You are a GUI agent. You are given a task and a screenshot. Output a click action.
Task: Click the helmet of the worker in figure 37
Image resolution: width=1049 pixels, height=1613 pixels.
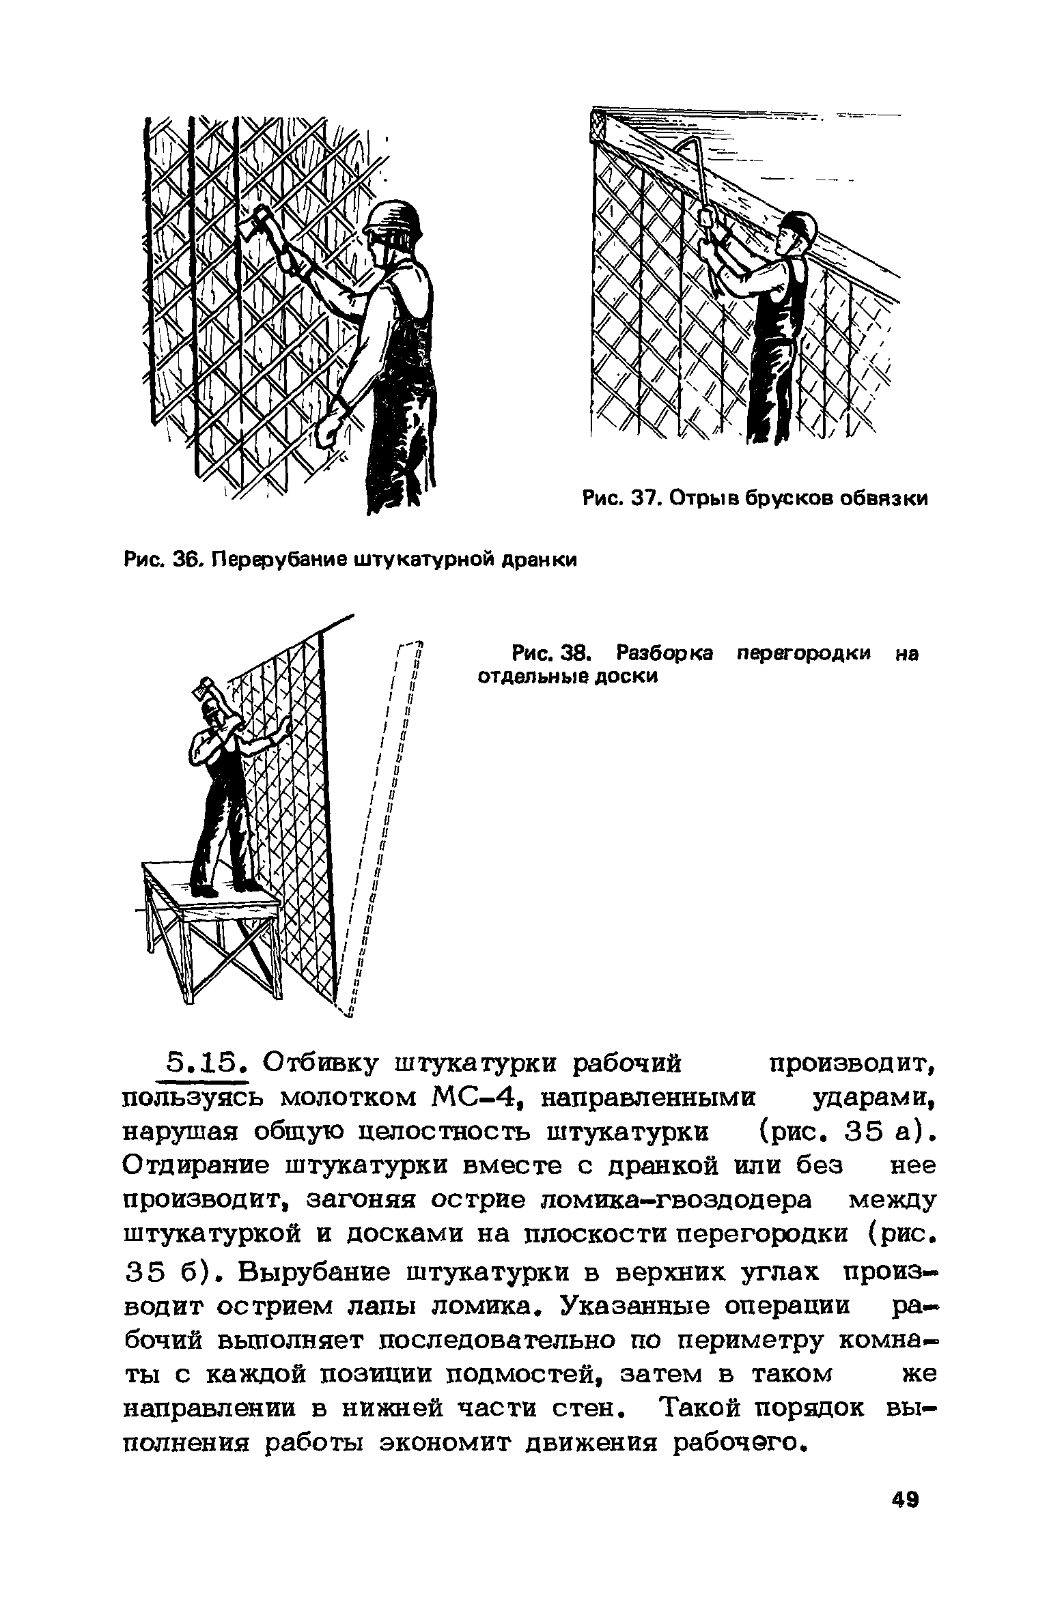point(798,225)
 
